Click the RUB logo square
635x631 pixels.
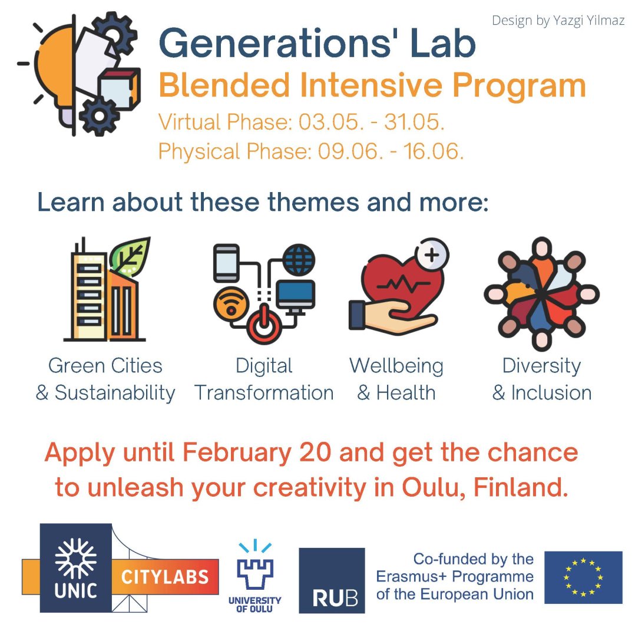pos(332,580)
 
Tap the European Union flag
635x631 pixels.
pos(583,577)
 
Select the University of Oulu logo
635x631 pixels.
pos(254,576)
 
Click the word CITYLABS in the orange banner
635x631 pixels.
pos(165,577)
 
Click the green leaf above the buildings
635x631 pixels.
pos(130,256)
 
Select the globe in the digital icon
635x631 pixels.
pos(299,260)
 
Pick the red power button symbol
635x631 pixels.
pos(264,324)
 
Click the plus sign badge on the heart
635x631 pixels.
pos(432,255)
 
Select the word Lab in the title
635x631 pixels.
pos(442,43)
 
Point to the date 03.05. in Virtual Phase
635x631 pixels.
pos(329,122)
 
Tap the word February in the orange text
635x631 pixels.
pos(237,453)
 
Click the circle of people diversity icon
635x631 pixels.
pos(541,294)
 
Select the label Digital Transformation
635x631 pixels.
pos(264,379)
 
